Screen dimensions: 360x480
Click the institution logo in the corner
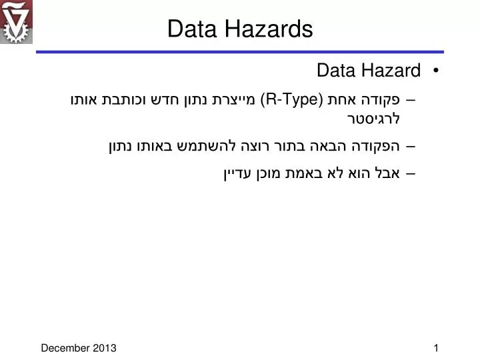(x=16, y=22)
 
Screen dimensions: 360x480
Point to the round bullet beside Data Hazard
(x=435, y=71)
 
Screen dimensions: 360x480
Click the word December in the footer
(x=65, y=347)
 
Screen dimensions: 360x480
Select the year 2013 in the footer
(x=105, y=347)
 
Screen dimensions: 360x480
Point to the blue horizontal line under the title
(x=240, y=51)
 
